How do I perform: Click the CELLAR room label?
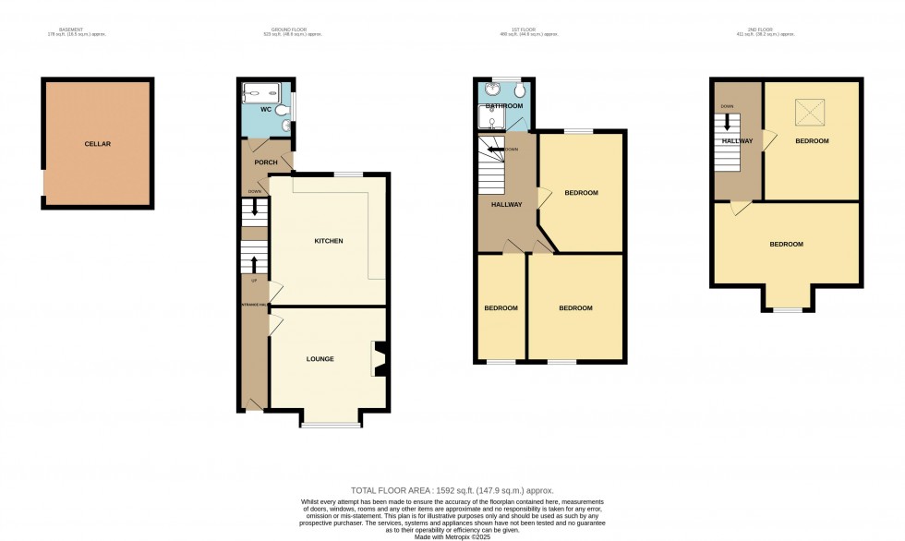coord(97,144)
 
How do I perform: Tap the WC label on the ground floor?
coord(265,110)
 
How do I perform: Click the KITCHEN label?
coord(329,241)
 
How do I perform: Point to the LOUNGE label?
coord(320,358)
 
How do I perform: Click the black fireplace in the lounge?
coord(378,359)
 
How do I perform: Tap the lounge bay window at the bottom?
coord(331,425)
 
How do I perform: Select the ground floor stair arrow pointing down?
coord(254,209)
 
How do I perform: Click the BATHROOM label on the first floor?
coord(505,106)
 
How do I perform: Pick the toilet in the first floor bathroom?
coord(521,90)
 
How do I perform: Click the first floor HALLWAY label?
coord(507,205)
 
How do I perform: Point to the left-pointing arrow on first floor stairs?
coord(495,149)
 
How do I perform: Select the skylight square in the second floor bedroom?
coord(812,114)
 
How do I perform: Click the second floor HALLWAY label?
coord(738,141)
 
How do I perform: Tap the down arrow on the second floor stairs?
coord(727,122)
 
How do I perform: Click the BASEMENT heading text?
coord(71,30)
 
